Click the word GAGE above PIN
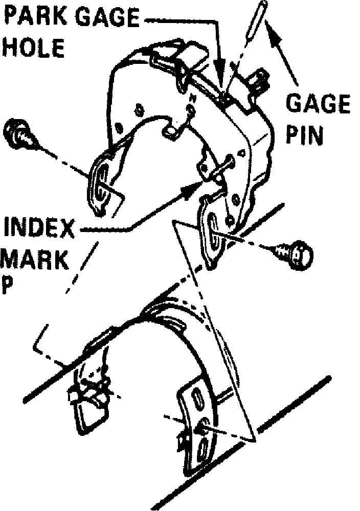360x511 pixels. pyautogui.click(x=318, y=104)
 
